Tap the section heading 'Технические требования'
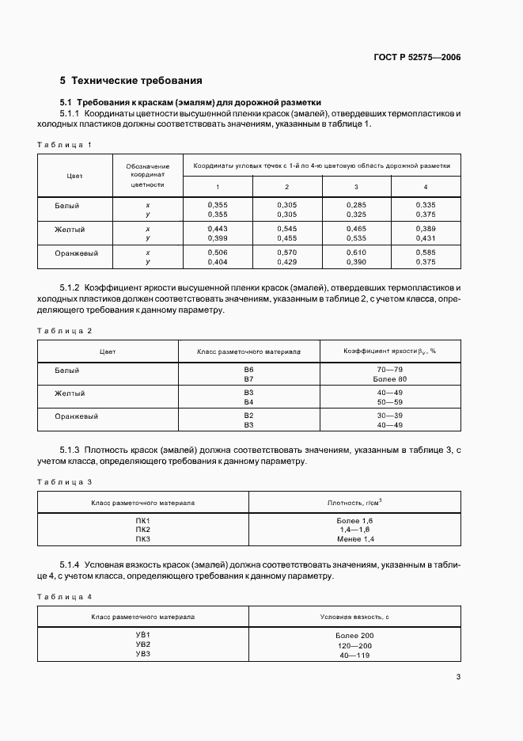point(131,81)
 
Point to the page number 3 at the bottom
point(459,676)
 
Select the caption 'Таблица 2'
point(66,330)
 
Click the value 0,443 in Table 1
point(218,229)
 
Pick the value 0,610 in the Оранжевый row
point(356,253)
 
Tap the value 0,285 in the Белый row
point(356,205)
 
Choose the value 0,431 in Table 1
point(426,237)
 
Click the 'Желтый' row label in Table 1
point(70,230)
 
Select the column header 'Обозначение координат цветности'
point(148,175)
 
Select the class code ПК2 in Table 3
point(142,530)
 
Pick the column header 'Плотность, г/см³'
point(354,502)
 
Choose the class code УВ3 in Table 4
point(142,654)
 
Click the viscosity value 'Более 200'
point(354,636)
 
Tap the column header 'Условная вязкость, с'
point(354,616)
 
